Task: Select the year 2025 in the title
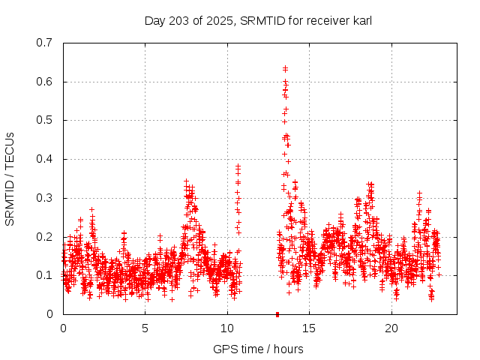pyautogui.click(x=218, y=21)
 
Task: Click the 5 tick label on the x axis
pyautogui.click(x=145, y=328)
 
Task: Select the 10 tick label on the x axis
pyautogui.click(x=227, y=328)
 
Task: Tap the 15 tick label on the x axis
pyautogui.click(x=310, y=328)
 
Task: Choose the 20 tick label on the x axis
pyautogui.click(x=391, y=328)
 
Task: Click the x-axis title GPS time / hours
pyautogui.click(x=258, y=349)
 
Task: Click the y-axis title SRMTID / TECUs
pyautogui.click(x=10, y=178)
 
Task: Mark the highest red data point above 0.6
pyautogui.click(x=285, y=68)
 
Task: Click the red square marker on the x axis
pyautogui.click(x=277, y=314)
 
